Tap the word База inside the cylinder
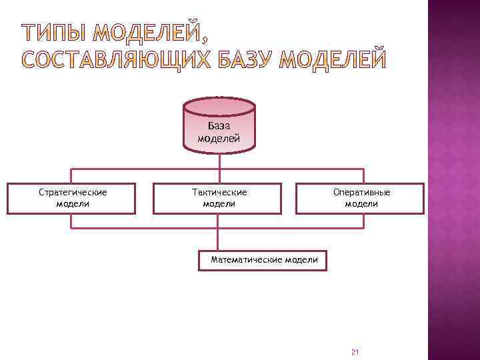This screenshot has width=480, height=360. click(219, 125)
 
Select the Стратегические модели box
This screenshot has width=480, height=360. click(71, 198)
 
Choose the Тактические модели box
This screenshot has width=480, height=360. click(219, 198)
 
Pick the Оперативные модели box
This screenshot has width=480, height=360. click(360, 198)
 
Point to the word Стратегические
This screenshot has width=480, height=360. click(73, 192)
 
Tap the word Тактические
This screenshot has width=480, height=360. click(219, 192)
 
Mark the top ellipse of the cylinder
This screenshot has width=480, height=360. click(219, 106)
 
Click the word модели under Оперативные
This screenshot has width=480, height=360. click(361, 203)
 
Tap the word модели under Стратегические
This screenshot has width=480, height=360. click(73, 203)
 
